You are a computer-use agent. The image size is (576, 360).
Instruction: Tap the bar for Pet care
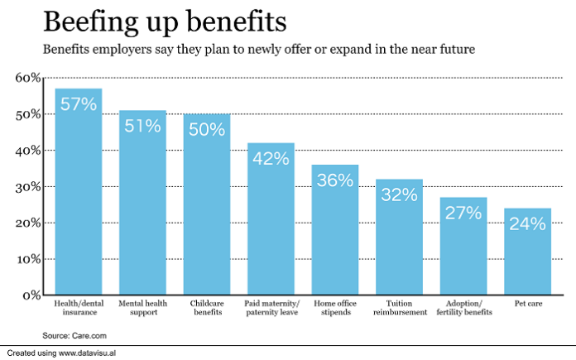pyautogui.click(x=527, y=257)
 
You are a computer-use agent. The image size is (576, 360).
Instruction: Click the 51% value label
pyautogui.click(x=143, y=127)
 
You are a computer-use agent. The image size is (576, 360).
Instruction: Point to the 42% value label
pyautogui.click(x=271, y=159)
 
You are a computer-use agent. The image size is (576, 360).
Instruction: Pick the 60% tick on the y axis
pyautogui.click(x=27, y=78)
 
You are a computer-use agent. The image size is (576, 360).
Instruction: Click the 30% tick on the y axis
pyautogui.click(x=27, y=187)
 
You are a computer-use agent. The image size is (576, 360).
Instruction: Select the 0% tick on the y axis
pyautogui.click(x=31, y=295)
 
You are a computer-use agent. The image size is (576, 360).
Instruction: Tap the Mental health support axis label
pyautogui.click(x=142, y=308)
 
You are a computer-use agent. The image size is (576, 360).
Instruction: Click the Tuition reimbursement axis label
pyautogui.click(x=399, y=308)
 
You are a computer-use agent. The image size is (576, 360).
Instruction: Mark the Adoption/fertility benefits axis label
pyautogui.click(x=463, y=308)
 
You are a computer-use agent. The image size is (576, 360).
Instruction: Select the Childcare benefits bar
pyautogui.click(x=207, y=207)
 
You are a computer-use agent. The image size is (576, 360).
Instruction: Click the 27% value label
pyautogui.click(x=463, y=213)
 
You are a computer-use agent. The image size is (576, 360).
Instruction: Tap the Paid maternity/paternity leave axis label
pyautogui.click(x=271, y=308)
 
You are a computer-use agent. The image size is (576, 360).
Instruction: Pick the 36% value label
pyautogui.click(x=335, y=180)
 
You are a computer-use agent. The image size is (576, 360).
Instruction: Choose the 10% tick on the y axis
pyautogui.click(x=27, y=259)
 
